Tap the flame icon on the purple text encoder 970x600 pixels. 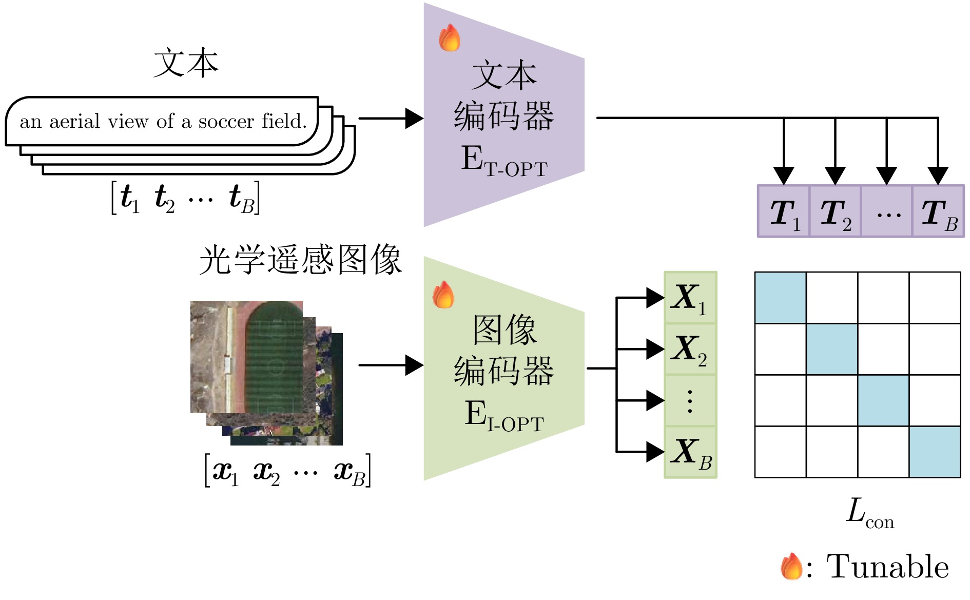[450, 38]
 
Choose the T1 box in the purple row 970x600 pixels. [784, 211]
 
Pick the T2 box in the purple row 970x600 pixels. [835, 211]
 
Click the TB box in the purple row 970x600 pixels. [938, 211]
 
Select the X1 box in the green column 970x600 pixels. [690, 298]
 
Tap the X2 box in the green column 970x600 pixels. [690, 349]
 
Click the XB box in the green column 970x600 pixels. [690, 452]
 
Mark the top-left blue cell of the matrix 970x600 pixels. [780, 298]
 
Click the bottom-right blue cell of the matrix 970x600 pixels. [935, 452]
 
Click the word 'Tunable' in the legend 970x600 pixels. [887, 567]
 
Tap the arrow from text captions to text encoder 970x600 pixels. [390, 118]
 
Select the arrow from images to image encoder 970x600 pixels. [390, 365]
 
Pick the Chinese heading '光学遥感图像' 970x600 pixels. [300, 260]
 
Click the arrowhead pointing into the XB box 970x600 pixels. [655, 452]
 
